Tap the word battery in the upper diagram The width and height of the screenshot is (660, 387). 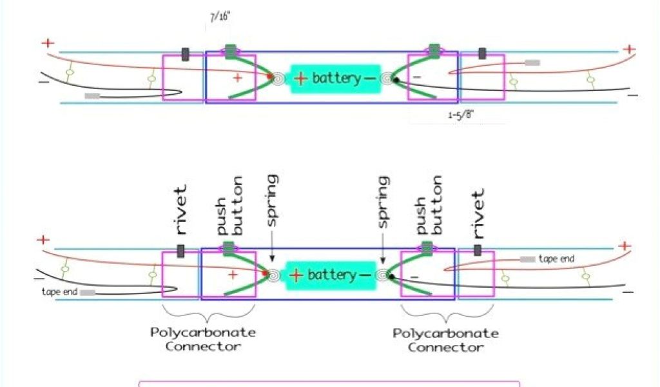(336, 79)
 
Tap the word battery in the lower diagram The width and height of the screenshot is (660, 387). (331, 275)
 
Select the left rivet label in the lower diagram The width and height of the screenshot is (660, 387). (181, 210)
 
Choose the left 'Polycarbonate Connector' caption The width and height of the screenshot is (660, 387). (203, 339)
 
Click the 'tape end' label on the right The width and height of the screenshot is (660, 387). (557, 259)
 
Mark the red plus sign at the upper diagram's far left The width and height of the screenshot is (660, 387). (48, 43)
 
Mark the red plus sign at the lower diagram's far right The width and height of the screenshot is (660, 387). (623, 246)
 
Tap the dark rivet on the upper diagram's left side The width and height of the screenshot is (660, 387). (186, 54)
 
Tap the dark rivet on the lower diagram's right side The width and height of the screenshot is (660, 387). (478, 250)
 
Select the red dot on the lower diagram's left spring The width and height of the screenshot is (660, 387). (265, 275)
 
